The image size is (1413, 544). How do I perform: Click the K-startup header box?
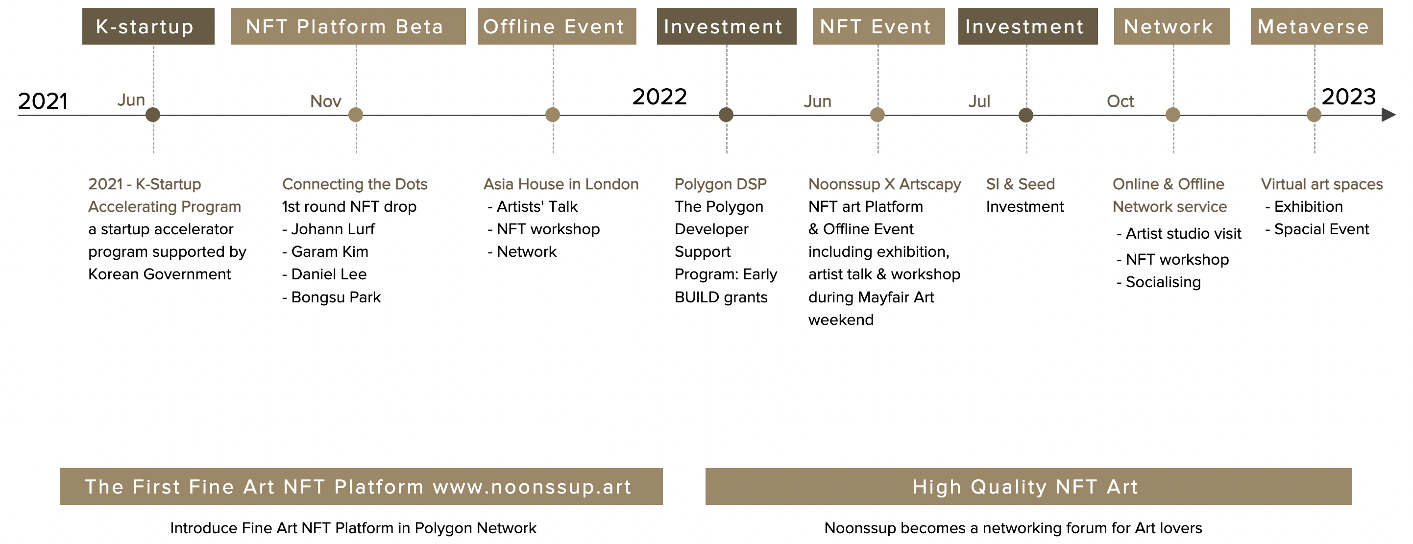(148, 26)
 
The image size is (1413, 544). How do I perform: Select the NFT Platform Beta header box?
(348, 26)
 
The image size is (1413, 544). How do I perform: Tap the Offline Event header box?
(557, 26)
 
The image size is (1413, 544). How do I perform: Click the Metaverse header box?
(1316, 26)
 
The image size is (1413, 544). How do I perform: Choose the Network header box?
(1171, 26)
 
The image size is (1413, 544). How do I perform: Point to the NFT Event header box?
(879, 26)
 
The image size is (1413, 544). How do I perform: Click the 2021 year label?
(43, 101)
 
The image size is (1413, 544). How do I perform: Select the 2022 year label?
(659, 97)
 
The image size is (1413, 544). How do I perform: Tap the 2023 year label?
(1349, 97)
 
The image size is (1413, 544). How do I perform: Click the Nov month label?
(326, 101)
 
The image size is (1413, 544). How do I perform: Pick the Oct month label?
(1120, 101)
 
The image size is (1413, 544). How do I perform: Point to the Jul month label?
(979, 101)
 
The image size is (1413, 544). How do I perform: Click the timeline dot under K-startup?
(153, 115)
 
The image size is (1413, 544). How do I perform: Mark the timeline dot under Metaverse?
(1314, 115)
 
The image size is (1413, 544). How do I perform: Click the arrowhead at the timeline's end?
(1389, 115)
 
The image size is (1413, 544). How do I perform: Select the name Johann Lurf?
(333, 229)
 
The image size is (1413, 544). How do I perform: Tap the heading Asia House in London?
(561, 184)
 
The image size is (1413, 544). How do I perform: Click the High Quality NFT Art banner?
(1028, 486)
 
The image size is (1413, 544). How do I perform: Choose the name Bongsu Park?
(336, 297)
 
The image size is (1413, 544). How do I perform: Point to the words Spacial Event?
(1321, 229)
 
